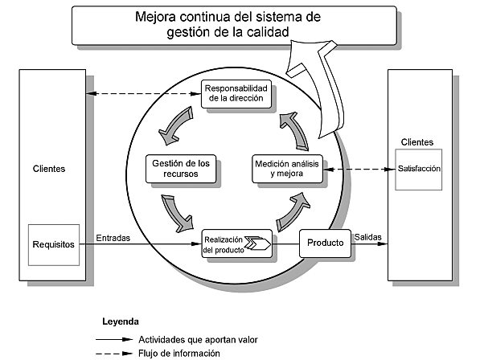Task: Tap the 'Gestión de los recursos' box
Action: coord(181,168)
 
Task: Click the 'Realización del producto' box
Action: coord(237,243)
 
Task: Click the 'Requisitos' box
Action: coord(54,244)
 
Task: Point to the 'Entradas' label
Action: coord(114,238)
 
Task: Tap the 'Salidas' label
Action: coord(367,238)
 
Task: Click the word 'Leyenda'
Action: coord(120,321)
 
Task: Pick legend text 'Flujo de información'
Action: coord(179,352)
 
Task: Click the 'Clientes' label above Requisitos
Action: coord(49,170)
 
